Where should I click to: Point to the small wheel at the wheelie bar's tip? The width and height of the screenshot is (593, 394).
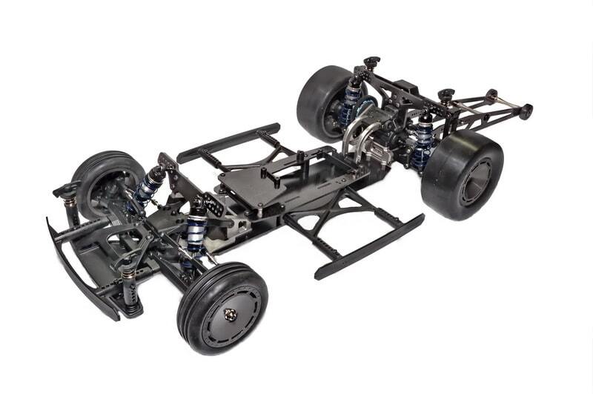click(x=526, y=112)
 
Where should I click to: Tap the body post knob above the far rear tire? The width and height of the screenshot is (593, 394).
click(x=371, y=62)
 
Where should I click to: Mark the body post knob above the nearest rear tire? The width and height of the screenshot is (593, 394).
click(x=445, y=95)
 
